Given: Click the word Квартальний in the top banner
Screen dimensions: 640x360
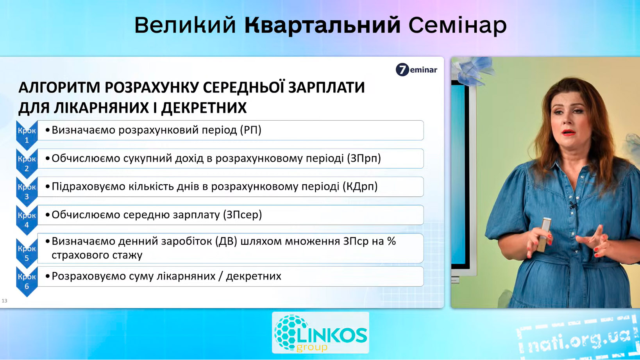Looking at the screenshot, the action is click(323, 25).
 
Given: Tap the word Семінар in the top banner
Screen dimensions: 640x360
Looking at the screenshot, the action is click(458, 25).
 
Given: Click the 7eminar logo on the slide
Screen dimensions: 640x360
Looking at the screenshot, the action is click(416, 70).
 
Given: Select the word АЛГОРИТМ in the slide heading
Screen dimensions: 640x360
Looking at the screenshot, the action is click(59, 87).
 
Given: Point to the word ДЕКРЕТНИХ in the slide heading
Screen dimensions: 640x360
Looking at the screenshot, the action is click(204, 108).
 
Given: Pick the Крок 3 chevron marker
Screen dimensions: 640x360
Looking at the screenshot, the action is click(27, 192).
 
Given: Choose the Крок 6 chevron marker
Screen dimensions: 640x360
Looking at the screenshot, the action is click(27, 282).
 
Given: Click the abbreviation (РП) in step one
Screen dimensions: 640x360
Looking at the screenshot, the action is click(250, 130).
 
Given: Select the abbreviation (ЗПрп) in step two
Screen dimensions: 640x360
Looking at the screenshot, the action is click(364, 159).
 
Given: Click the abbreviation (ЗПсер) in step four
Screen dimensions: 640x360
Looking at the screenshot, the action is click(242, 215).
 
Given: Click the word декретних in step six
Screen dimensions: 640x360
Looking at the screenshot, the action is click(254, 276).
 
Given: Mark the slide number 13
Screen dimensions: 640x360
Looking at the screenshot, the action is click(4, 301).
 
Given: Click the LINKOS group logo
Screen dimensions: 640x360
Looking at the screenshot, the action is click(320, 333).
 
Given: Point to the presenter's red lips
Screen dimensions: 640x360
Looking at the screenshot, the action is click(568, 132).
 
